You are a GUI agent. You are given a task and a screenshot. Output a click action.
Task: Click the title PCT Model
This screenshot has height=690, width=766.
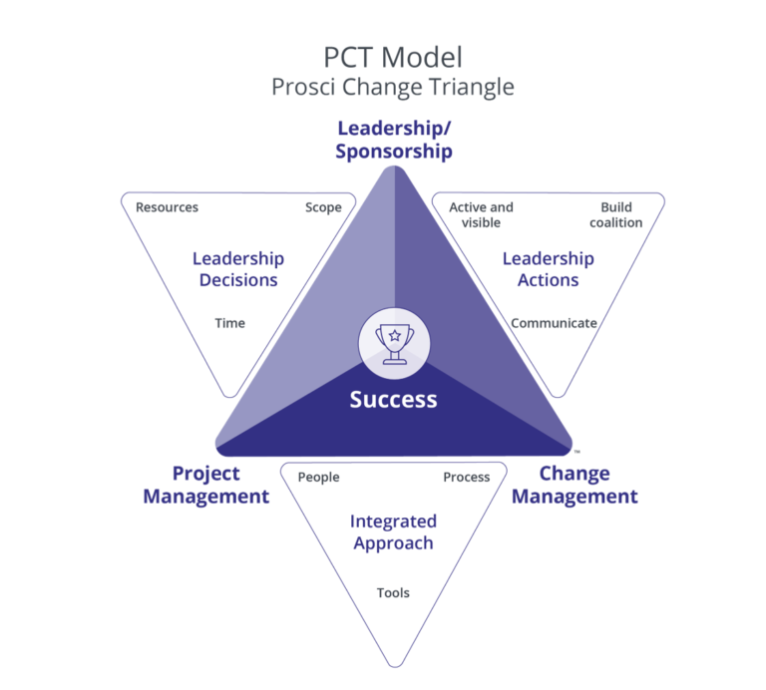point(393,56)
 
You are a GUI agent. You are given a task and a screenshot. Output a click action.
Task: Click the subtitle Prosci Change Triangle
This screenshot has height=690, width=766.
point(393,87)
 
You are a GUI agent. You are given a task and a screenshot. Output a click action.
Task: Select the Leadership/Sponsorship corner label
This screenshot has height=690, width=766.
point(394,140)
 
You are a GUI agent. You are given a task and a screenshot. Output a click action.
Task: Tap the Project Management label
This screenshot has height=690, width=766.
point(206,485)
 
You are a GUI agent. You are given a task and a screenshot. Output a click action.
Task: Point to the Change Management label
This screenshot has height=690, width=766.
point(574,485)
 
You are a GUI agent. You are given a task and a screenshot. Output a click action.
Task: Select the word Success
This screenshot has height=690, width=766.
point(393,400)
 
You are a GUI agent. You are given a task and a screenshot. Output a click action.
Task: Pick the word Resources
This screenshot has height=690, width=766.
point(167,207)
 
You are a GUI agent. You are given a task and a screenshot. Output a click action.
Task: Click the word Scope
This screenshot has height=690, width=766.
point(323,207)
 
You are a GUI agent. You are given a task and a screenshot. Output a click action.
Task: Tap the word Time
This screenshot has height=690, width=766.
point(229,323)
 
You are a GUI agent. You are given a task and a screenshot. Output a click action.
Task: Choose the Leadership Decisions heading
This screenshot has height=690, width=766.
point(238,269)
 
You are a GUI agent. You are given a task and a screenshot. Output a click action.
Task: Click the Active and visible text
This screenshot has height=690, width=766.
point(481,214)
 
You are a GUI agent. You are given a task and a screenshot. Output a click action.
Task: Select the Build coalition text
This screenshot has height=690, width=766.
point(616,214)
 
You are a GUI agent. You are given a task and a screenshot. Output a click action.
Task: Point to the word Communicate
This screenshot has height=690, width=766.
point(554,323)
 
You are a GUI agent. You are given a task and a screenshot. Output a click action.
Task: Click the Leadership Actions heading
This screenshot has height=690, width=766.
point(548,269)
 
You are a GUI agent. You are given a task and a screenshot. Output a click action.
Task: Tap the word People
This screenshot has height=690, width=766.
point(318,477)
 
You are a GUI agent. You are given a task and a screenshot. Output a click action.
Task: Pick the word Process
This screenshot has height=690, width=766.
point(466,477)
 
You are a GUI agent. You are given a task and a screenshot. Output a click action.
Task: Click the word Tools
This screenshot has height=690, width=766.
point(393,593)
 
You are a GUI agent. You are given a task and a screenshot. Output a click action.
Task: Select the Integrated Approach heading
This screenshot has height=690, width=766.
point(393,532)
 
